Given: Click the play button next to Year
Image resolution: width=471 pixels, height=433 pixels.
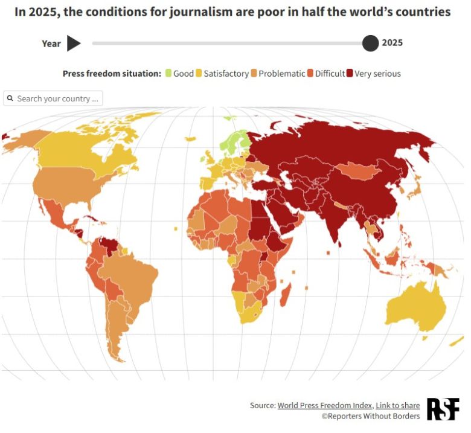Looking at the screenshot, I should pos(73,43).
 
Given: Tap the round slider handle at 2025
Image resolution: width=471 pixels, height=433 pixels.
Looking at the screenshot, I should pos(370,43).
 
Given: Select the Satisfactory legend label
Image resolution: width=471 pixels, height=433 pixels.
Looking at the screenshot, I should pos(226,74).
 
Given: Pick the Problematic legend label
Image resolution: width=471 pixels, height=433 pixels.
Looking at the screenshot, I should pos(281,74).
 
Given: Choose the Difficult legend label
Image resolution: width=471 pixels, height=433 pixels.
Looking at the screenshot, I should pos(330,74).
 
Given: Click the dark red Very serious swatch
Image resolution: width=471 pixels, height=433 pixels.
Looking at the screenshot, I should pos(350,74).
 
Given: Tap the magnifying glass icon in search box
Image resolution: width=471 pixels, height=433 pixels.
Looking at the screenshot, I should pos(10,98).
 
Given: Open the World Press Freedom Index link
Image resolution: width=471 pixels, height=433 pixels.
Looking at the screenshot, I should pos(325,405).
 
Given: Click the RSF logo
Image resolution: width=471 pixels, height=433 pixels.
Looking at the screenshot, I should pos(443,409).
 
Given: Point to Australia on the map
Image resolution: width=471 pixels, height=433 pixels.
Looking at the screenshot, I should pos(417,308).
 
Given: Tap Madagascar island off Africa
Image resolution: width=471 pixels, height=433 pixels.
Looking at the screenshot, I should pos(284,295).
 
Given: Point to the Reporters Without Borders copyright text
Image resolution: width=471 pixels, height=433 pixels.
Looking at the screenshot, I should pos(370,416).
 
